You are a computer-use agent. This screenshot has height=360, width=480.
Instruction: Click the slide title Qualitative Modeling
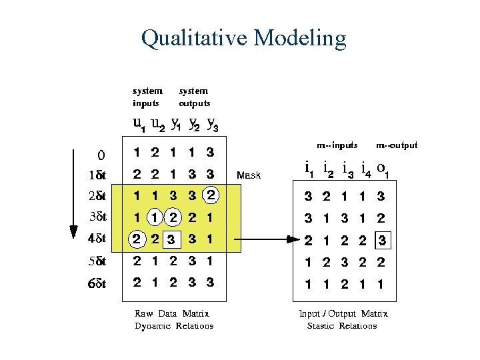click(x=243, y=38)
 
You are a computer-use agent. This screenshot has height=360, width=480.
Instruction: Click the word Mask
click(x=249, y=176)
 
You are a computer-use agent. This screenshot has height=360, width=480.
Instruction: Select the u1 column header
click(x=139, y=124)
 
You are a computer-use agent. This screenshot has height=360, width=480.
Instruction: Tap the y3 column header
click(x=212, y=124)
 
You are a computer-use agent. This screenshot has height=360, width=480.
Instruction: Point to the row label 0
click(x=101, y=156)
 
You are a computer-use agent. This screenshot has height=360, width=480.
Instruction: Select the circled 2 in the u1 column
click(x=136, y=239)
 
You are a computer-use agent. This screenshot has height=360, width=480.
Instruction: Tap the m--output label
click(x=397, y=145)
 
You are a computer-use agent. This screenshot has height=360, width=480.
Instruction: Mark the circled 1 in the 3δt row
click(x=155, y=217)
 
